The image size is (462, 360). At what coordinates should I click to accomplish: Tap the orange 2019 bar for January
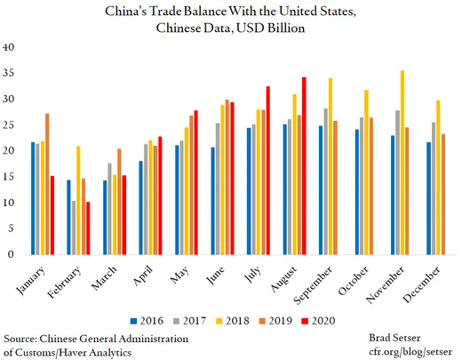coord(47,184)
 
